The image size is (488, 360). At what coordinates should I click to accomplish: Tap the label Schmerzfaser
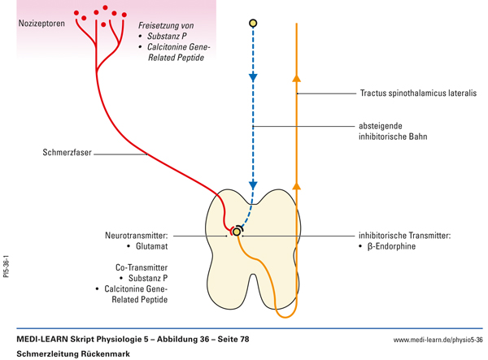[x=68, y=152]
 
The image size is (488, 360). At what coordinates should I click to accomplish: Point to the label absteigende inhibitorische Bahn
[x=393, y=131]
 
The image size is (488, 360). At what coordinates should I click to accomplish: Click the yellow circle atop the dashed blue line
[x=253, y=23]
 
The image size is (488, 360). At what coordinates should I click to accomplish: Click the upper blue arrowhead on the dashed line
[x=253, y=78]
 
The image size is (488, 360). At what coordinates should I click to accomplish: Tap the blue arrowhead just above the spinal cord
[x=253, y=184]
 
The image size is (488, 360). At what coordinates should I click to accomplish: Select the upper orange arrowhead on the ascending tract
[x=296, y=79]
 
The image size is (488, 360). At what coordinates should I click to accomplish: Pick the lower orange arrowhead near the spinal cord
[x=296, y=187]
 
